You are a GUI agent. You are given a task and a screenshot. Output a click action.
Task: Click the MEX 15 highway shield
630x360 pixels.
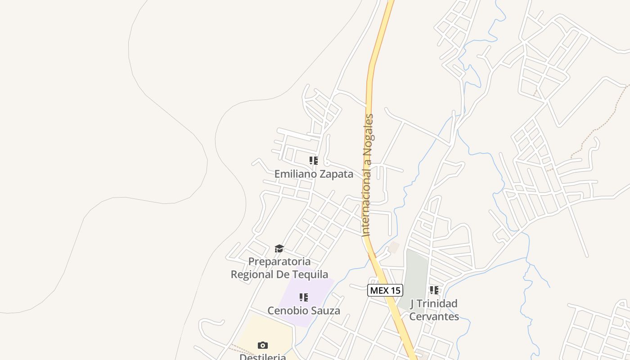coord(385,290)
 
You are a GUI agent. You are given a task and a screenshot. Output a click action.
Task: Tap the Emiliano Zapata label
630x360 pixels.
coord(314,174)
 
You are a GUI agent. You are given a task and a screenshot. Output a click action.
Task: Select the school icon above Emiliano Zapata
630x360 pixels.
coord(314,161)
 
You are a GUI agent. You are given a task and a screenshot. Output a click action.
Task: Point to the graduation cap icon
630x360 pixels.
coord(279,249)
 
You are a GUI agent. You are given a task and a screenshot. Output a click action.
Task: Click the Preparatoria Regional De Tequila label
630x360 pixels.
coord(279,268)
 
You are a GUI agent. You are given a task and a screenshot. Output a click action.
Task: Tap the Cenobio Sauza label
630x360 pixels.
coord(304,310)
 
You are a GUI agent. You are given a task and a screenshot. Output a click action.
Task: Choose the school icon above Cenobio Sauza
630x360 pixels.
coord(304,297)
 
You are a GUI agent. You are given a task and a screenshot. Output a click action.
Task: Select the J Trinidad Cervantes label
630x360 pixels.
coord(434,310)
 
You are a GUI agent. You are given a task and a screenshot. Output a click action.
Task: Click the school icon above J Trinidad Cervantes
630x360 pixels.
coord(434,290)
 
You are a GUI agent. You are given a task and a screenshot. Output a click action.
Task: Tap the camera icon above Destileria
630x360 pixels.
coord(263,345)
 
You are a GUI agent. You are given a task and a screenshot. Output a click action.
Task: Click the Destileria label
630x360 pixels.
coord(263,357)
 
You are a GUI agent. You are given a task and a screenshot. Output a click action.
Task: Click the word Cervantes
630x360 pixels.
coord(434,316)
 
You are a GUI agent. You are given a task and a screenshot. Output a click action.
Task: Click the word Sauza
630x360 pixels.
coord(325,310)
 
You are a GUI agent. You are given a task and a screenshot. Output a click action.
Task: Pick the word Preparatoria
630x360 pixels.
coord(279,261)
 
